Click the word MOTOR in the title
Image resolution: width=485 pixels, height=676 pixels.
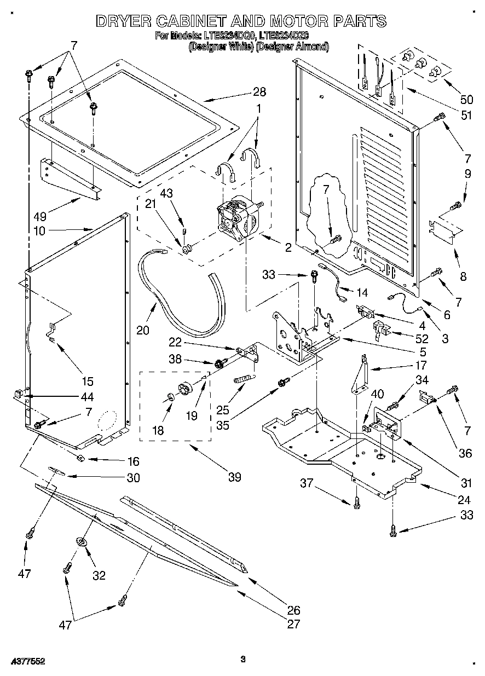290,21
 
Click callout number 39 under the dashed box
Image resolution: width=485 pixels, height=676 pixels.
234,477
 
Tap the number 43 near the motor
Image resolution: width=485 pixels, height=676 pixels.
165,193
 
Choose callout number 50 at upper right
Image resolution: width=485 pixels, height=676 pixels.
466,99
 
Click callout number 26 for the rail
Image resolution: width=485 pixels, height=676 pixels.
293,610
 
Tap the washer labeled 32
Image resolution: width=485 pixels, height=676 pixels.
81,541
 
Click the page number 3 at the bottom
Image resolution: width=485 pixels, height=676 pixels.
242,660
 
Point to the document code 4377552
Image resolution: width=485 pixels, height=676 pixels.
27,661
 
